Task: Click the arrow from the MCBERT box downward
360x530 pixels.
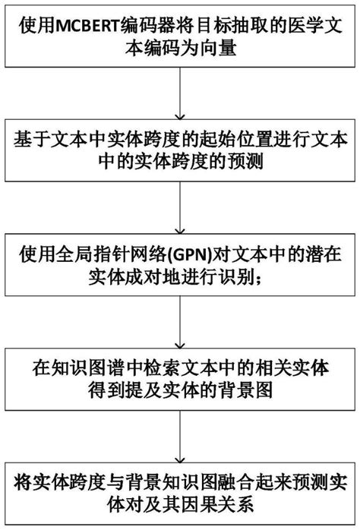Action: point(180,93)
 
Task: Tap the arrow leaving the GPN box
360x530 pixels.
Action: point(180,322)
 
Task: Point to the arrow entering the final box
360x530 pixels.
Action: point(180,437)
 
